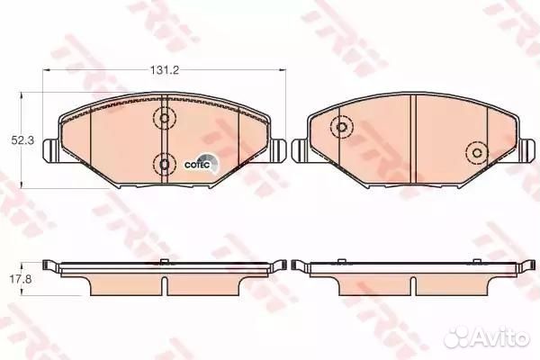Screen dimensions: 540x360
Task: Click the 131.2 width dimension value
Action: (165, 70)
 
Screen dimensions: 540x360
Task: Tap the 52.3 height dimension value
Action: (22, 140)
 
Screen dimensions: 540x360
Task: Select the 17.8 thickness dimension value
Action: (21, 279)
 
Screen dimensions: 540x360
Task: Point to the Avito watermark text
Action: (486, 336)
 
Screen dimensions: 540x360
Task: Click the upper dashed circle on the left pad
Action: (165, 118)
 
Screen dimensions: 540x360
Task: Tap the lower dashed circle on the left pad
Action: (165, 165)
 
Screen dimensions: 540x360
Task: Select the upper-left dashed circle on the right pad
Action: (341, 127)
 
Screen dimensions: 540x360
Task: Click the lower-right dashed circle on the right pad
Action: (477, 153)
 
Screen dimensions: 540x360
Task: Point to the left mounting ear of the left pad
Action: (51, 150)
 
